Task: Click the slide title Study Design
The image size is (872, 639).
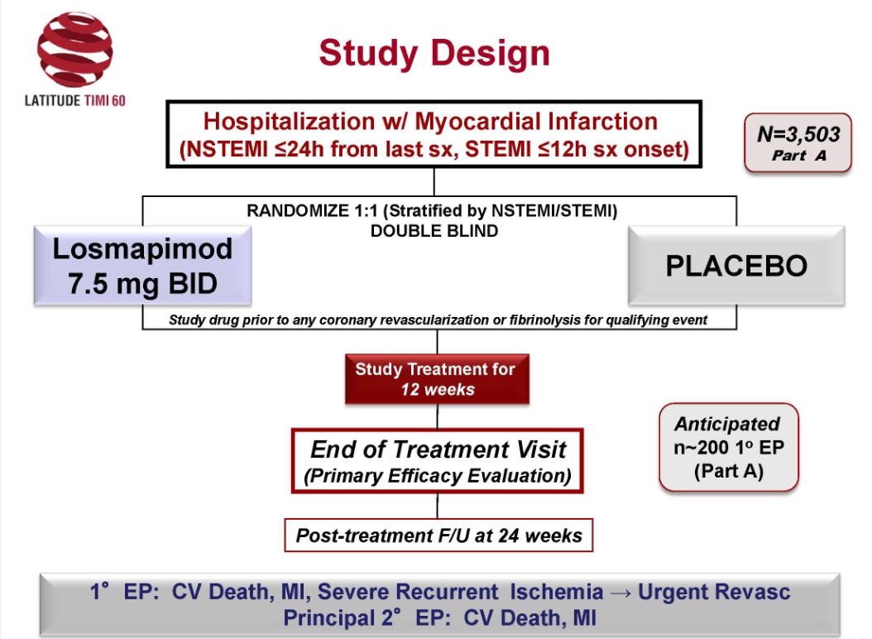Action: [434, 53]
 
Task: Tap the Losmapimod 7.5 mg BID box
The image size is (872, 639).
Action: [143, 267]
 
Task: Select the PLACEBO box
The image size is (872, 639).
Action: [736, 267]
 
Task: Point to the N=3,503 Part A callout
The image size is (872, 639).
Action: [798, 142]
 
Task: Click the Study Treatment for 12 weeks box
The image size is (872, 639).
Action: [436, 379]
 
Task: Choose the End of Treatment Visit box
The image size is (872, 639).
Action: [438, 459]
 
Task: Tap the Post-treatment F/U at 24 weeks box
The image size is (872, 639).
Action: [439, 536]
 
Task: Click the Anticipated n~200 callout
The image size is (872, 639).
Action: [727, 448]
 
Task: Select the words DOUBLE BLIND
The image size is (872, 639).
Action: [434, 231]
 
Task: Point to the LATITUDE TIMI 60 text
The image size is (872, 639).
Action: [74, 101]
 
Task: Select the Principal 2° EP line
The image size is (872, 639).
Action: [438, 617]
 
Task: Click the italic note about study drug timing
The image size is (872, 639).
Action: [438, 319]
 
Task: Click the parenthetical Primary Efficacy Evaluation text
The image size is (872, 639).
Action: [438, 477]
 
